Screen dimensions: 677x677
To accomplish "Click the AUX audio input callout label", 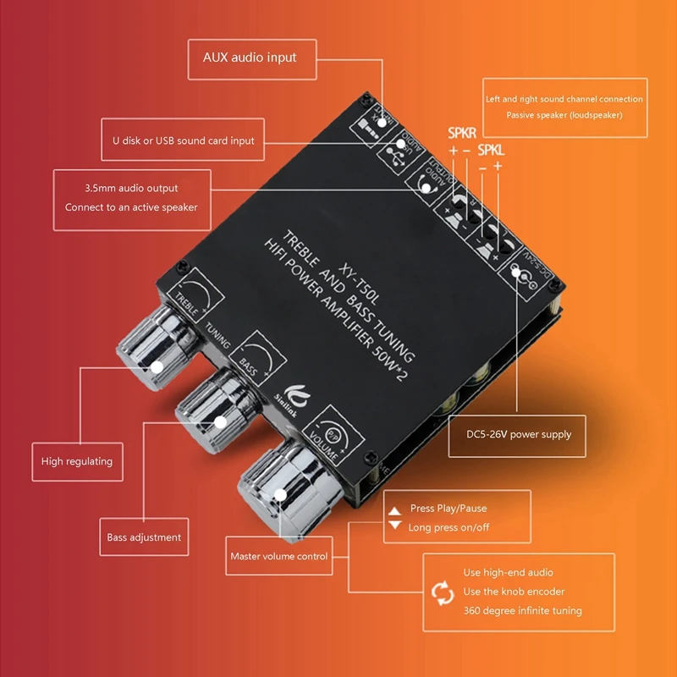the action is (250, 58).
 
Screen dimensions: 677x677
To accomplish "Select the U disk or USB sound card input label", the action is (188, 140).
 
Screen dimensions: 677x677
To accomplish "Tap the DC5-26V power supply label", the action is (520, 434).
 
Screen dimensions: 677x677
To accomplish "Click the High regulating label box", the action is (76, 462).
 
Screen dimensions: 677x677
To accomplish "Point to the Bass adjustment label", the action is (144, 537).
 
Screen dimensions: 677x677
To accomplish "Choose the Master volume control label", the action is (278, 557).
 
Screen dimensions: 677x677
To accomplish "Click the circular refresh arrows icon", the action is (443, 592).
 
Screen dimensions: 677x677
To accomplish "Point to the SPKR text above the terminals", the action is (463, 133).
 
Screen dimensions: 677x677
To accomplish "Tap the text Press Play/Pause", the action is (449, 509).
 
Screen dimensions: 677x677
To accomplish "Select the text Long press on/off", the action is (449, 527).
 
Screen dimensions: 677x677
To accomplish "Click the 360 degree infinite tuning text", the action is (522, 610).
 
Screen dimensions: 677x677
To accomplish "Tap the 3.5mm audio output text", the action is (131, 188).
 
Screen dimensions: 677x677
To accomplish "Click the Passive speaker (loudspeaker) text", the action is (564, 114).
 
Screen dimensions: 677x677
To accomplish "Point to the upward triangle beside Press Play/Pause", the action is (394, 510).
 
